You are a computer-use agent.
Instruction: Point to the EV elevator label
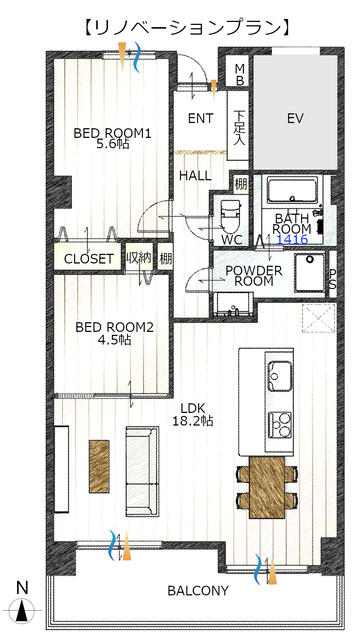[295, 119]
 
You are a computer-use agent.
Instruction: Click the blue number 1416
[293, 239]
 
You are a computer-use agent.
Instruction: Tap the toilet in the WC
[229, 217]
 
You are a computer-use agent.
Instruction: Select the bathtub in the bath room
[292, 189]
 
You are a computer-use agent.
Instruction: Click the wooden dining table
[267, 487]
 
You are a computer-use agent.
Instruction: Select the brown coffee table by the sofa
[99, 467]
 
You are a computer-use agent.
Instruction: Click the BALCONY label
[198, 590]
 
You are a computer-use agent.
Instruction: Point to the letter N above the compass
[23, 588]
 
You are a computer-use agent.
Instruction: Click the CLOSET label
[89, 259]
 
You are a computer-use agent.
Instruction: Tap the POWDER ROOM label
[253, 276]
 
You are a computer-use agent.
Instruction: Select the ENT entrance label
[200, 118]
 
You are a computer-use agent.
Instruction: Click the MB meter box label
[240, 74]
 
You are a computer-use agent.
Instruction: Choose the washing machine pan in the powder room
[310, 271]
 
